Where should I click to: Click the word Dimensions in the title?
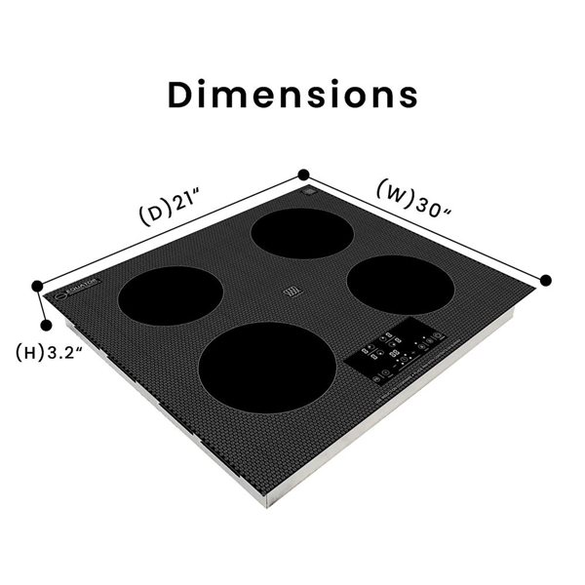click(x=292, y=94)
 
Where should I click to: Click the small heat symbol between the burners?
click(x=291, y=292)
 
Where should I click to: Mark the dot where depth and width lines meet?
click(x=304, y=175)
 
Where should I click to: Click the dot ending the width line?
click(x=546, y=280)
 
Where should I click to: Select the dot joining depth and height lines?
click(x=37, y=286)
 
